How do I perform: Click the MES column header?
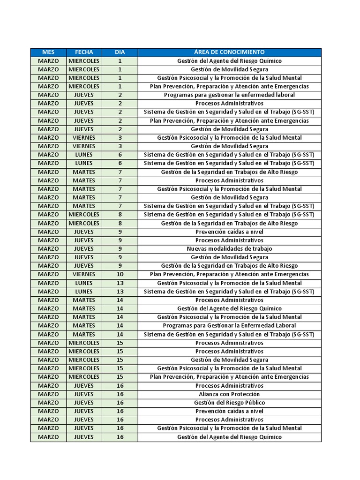coord(48,52)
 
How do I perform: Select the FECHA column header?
coord(84,52)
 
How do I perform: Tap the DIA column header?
coord(120,52)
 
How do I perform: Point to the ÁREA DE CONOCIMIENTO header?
coord(229,52)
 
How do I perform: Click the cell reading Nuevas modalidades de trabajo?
coord(229,249)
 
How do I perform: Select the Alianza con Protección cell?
coord(229,394)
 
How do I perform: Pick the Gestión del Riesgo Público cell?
coord(229,403)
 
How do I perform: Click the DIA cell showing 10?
coord(120,274)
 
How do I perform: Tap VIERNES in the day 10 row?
coord(84,274)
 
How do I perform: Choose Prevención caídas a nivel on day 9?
coord(229,232)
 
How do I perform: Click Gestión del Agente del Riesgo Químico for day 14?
coord(229,308)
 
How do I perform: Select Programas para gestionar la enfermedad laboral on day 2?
coord(229,95)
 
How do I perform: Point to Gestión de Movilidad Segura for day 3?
coord(229,146)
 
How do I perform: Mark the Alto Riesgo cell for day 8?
coord(229,223)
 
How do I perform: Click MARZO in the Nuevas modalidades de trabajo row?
coord(48,249)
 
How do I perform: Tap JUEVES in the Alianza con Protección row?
coord(84,394)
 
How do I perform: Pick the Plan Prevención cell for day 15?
coord(229,377)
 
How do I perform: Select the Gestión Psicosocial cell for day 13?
coord(229,283)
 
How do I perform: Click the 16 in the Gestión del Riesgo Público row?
coord(120,403)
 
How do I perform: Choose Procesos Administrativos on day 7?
coord(229,180)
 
